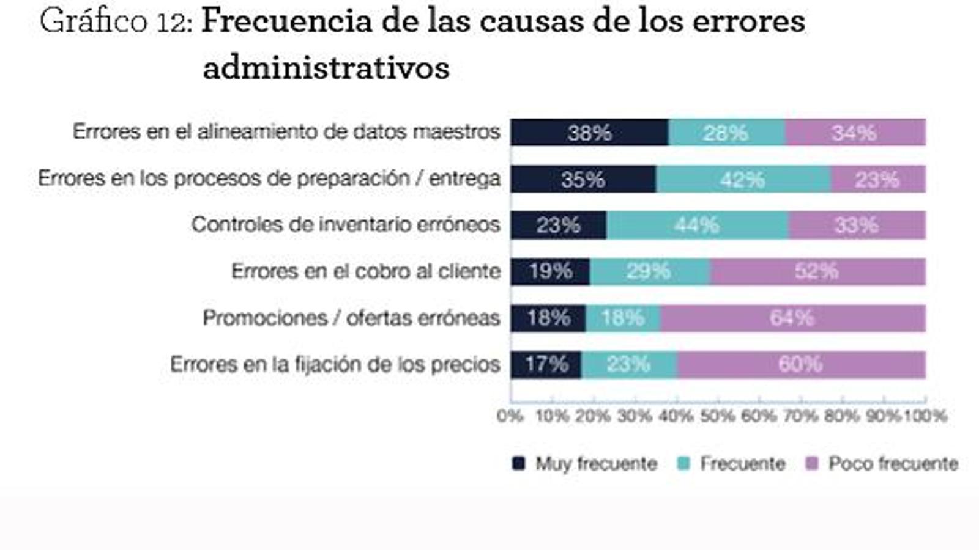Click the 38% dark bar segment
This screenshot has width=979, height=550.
tap(589, 133)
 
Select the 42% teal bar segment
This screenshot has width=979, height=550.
tap(743, 179)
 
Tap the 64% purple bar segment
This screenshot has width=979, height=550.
tap(792, 318)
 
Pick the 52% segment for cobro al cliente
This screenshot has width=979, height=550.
tap(817, 271)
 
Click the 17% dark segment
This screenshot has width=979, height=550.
tap(546, 365)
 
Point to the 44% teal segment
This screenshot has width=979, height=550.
tap(697, 226)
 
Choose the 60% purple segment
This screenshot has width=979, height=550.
tap(800, 365)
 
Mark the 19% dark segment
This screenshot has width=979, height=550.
tap(550, 271)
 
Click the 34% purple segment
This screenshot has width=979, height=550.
tap(855, 133)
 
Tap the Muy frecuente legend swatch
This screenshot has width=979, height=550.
tap(518, 464)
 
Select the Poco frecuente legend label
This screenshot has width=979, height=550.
tap(893, 464)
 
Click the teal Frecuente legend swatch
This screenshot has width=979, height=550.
tap(683, 464)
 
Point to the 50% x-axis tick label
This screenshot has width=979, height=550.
tap(717, 416)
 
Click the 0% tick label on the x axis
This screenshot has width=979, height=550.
tap(510, 416)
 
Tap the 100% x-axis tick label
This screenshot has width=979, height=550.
tap(925, 416)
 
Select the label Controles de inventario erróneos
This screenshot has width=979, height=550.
tap(346, 225)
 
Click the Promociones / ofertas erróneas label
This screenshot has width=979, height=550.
tap(351, 318)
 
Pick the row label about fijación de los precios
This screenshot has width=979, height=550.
tap(335, 365)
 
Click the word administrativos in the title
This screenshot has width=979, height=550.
tap(326, 67)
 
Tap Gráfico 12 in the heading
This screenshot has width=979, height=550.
tap(116, 22)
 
